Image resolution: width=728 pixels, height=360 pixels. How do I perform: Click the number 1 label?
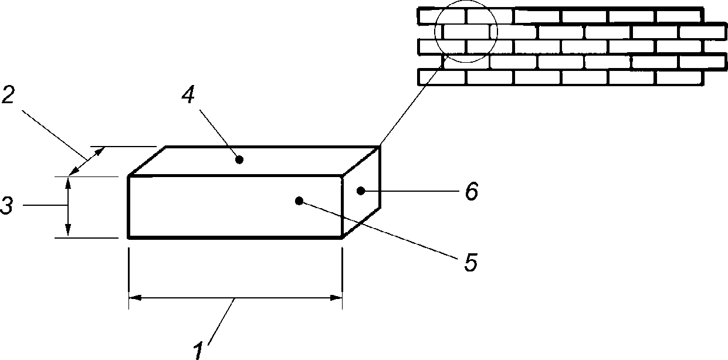click(x=198, y=351)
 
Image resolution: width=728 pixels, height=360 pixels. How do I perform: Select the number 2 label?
click(x=8, y=95)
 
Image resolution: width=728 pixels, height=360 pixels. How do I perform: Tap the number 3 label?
click(x=7, y=206)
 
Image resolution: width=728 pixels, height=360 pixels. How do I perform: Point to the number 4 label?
click(x=188, y=94)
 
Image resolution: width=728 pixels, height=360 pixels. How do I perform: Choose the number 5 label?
click(x=471, y=262)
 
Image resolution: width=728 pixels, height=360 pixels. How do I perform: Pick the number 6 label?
click(x=472, y=191)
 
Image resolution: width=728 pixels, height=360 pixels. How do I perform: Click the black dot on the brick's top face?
click(x=239, y=160)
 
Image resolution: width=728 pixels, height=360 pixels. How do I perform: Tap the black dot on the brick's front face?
click(x=299, y=201)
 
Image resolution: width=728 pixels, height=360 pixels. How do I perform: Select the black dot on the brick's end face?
click(x=360, y=191)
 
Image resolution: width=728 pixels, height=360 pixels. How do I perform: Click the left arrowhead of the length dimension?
click(x=135, y=298)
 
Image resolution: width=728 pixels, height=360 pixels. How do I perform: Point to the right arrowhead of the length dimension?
click(x=336, y=298)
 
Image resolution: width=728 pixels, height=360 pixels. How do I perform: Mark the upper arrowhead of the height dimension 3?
click(x=67, y=183)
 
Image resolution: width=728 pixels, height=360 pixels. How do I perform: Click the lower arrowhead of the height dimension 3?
click(x=67, y=230)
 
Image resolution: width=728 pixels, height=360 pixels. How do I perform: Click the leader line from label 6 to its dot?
click(x=411, y=191)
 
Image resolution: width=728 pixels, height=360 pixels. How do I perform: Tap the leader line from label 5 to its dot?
click(x=378, y=230)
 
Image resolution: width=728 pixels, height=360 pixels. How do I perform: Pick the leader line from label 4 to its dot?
click(x=219, y=134)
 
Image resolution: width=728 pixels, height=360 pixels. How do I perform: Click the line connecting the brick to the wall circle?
click(x=414, y=101)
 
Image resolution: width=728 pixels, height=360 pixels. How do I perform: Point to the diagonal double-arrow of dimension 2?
click(x=87, y=161)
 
